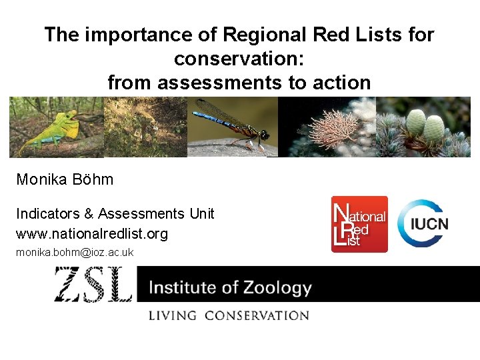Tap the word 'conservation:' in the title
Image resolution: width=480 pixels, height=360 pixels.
pyautogui.click(x=239, y=59)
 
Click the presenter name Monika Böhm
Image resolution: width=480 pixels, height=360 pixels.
pyautogui.click(x=65, y=179)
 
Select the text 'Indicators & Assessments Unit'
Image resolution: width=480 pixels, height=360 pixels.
pyautogui.click(x=115, y=213)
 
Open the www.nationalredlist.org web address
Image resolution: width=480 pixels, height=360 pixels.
pyautogui.click(x=92, y=234)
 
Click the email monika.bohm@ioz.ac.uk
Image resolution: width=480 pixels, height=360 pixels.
pyautogui.click(x=75, y=252)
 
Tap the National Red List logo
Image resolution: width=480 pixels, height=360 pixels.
pyautogui.click(x=359, y=224)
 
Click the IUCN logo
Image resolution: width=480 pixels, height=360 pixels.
pyautogui.click(x=423, y=223)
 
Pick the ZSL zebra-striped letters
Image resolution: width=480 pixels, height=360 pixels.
pyautogui.click(x=94, y=285)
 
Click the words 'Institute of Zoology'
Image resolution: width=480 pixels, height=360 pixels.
pyautogui.click(x=230, y=288)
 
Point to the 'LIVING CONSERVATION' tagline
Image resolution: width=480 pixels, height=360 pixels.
pyautogui.click(x=229, y=315)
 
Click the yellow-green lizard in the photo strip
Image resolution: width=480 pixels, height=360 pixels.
pyautogui.click(x=50, y=131)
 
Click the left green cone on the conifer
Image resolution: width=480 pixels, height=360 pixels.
pyautogui.click(x=416, y=121)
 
